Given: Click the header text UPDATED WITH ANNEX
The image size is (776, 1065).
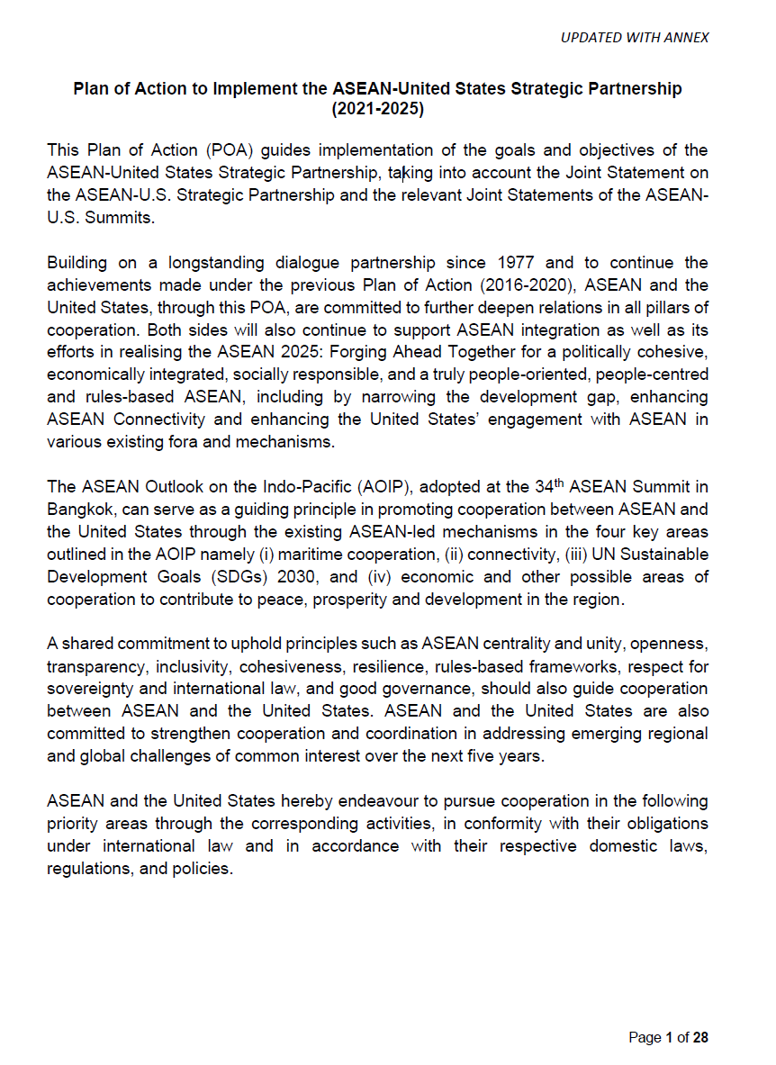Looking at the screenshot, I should click(x=634, y=37).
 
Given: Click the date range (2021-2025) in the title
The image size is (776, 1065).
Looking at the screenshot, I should click(x=377, y=110).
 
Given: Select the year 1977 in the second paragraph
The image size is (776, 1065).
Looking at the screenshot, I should click(x=516, y=263).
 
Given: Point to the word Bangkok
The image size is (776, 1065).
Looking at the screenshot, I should click(x=78, y=509).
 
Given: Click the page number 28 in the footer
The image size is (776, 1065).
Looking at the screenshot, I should click(x=700, y=1038).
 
